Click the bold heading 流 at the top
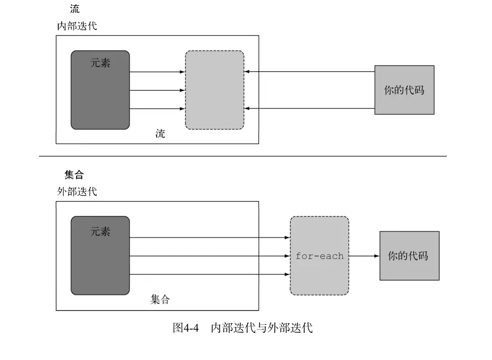[x=75, y=9]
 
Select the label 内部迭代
[x=77, y=26]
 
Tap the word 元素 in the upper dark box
[x=100, y=62]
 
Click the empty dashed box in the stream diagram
[x=214, y=90]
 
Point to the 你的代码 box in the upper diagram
[x=404, y=90]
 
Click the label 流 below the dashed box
[x=161, y=134]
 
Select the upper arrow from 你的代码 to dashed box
[x=309, y=72]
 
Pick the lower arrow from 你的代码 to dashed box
[x=309, y=108]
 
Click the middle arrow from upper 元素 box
[x=157, y=90]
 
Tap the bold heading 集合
[x=74, y=175]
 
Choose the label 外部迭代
[x=77, y=192]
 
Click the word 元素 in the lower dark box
[x=100, y=232]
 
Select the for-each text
[x=319, y=256]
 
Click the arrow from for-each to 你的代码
[x=364, y=256]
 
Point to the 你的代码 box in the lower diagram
[x=409, y=256]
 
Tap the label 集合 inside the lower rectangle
[x=160, y=300]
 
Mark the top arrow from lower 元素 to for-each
[x=209, y=237]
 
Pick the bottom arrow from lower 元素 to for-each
[x=209, y=274]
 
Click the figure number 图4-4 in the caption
[x=185, y=328]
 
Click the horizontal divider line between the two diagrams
[x=242, y=156]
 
